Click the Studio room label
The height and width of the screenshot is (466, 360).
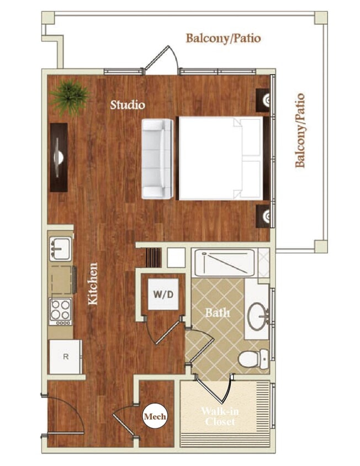pos(128,104)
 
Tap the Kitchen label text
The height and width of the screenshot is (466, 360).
pos(94,284)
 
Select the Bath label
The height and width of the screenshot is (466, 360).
pos(218,313)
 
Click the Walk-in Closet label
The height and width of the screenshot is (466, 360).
pos(220,417)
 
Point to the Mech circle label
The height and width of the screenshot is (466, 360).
pos(155,417)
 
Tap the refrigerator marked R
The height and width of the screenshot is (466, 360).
pos(66,357)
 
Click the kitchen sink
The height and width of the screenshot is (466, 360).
pos(60,249)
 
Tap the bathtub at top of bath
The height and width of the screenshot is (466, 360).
pos(224,262)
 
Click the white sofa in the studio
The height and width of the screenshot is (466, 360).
pos(157,158)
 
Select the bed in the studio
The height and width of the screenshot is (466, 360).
pos(220,158)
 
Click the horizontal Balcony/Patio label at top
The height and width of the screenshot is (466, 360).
pos(223,39)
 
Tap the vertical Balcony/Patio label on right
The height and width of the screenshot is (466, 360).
pos(300,131)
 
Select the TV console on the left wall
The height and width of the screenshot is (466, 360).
pos(59,157)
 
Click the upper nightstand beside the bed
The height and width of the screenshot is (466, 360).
pos(263,100)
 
